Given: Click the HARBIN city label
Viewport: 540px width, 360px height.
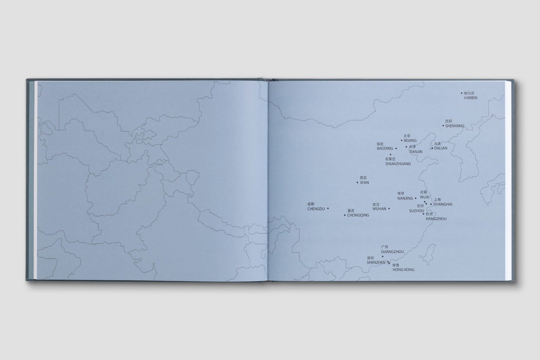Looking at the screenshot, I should pos(470,98).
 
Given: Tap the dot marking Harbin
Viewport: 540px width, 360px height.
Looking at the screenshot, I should pos(462,93).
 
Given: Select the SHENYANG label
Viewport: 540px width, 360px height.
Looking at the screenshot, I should pos(454,126).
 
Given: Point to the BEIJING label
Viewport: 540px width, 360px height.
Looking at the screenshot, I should pos(410,140).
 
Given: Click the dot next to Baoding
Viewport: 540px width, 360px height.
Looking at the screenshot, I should pos(396,148).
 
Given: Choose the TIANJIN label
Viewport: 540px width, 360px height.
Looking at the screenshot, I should pos(415,152).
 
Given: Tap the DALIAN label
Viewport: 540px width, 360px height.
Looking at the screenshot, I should pos(440,148).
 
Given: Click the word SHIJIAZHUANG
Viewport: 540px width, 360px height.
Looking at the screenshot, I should pos(398,164).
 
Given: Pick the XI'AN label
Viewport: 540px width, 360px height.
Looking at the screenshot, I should pos(364,182).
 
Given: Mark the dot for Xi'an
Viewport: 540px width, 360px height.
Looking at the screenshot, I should pos(357,182).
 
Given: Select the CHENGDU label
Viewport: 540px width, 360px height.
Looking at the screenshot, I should pos(316,209).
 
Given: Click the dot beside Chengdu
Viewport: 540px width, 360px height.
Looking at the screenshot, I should pos(328,208).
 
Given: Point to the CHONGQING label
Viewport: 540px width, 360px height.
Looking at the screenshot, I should pos(358,215).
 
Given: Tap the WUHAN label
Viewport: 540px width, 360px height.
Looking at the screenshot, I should pos(379,209).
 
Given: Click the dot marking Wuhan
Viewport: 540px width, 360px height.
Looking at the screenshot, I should pos(389,208).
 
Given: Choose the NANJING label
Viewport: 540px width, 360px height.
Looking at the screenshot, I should pos(405,198).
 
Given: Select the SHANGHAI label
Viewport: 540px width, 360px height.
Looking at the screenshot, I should pos(443,204).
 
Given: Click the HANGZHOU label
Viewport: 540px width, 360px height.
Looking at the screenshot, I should pos(436,219).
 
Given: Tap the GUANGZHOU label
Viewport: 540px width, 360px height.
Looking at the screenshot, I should pos(392,252).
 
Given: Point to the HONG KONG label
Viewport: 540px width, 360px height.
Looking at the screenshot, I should pos(403,270).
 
